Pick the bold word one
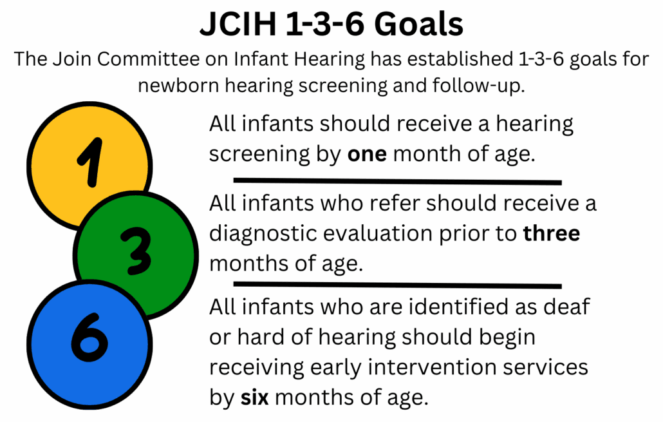[367, 155]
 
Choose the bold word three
[551, 233]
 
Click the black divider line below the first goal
[397, 181]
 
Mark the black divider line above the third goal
[397, 284]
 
